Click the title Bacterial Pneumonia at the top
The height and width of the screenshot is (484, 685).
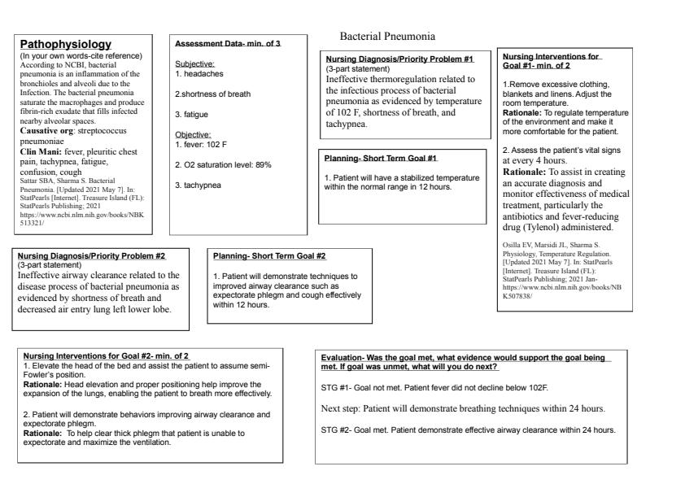(x=386, y=37)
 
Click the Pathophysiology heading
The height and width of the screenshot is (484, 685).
(x=66, y=44)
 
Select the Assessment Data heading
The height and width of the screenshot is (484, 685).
(x=217, y=42)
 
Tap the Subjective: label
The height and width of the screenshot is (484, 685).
(x=194, y=63)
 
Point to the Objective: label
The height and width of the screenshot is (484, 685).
(x=193, y=134)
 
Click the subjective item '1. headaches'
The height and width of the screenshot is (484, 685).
(x=199, y=73)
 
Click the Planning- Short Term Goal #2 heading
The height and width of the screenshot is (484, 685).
(x=269, y=256)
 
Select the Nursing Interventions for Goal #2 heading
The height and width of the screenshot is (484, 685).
(x=106, y=355)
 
